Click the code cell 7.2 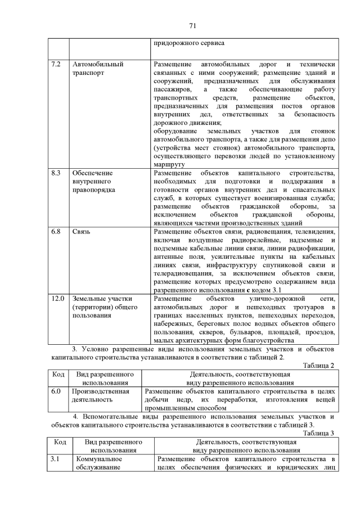pyautogui.click(x=56, y=64)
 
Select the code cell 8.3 pyautogui.click(x=56, y=173)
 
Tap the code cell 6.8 pyautogui.click(x=56, y=232)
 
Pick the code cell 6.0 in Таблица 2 pyautogui.click(x=56, y=391)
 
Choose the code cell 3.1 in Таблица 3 pyautogui.click(x=55, y=460)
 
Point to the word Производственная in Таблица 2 pyautogui.click(x=100, y=391)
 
